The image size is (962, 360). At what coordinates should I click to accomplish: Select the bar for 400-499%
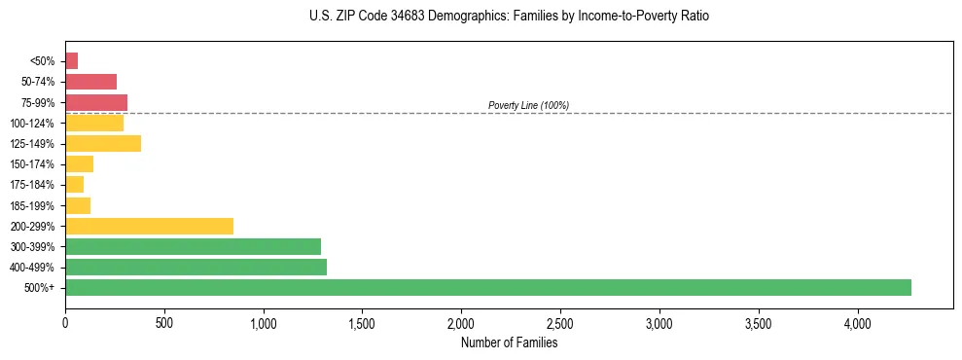pyautogui.click(x=196, y=267)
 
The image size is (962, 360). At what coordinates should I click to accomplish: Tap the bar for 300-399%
pyautogui.click(x=193, y=246)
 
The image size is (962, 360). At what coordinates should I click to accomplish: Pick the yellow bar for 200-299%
pyautogui.click(x=149, y=226)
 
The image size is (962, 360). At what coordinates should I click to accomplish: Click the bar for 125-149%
pyautogui.click(x=103, y=143)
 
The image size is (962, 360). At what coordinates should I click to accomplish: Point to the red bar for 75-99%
pyautogui.click(x=96, y=102)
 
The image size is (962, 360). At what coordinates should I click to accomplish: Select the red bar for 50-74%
pyautogui.click(x=90, y=82)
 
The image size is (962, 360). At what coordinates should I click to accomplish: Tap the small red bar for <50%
pyautogui.click(x=71, y=61)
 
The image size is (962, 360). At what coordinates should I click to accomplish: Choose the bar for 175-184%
pyautogui.click(x=74, y=184)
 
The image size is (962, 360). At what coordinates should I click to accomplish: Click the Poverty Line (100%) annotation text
pyautogui.click(x=528, y=105)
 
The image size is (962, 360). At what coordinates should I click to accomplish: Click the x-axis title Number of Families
pyautogui.click(x=509, y=342)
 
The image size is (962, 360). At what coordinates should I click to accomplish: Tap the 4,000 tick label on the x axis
pyautogui.click(x=857, y=322)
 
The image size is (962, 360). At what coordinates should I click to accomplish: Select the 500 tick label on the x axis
pyautogui.click(x=164, y=322)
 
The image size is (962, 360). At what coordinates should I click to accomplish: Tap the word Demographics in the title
pyautogui.click(x=447, y=17)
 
